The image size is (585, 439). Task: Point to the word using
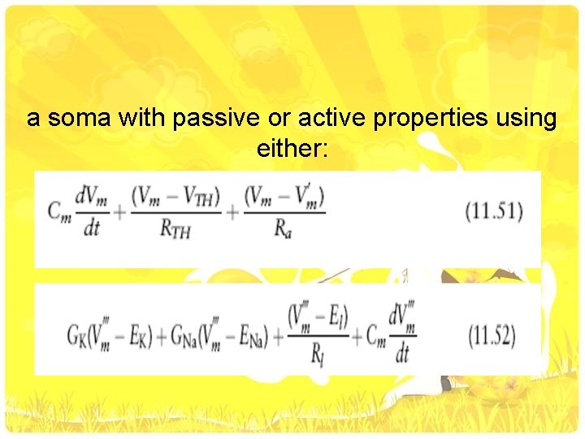click(x=526, y=120)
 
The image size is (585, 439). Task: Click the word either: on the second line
click(x=292, y=150)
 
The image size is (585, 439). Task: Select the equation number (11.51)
click(x=495, y=212)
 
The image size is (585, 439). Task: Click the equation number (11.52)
click(x=492, y=335)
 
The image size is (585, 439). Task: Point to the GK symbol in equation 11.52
click(x=78, y=335)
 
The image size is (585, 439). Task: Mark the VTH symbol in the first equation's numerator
click(x=200, y=198)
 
